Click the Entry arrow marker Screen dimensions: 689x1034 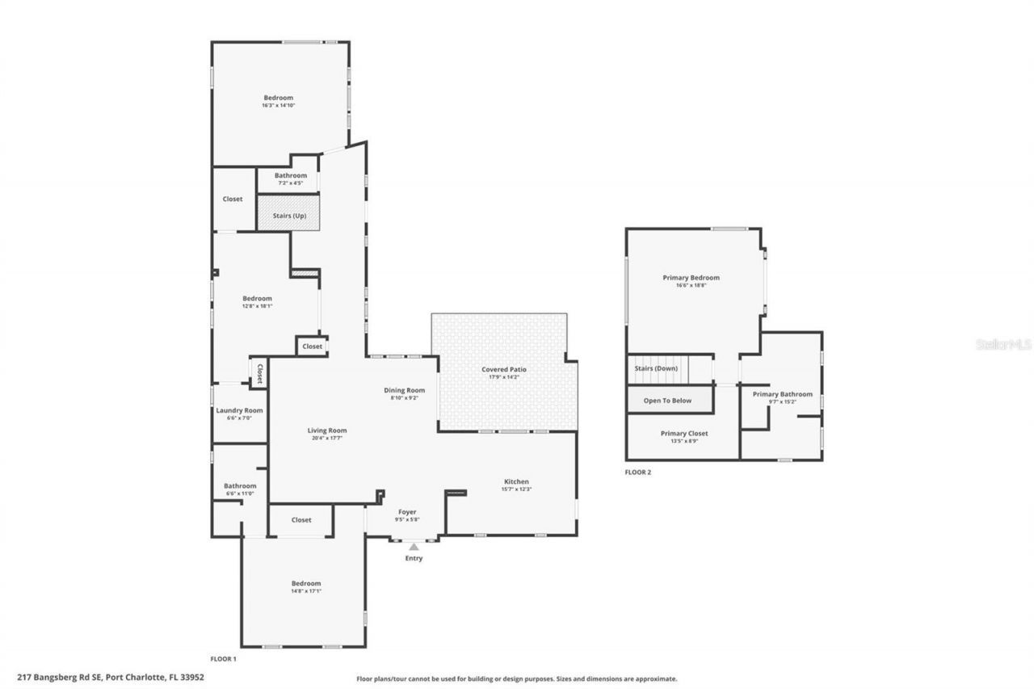tap(414, 547)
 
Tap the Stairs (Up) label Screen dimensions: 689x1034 tap(288, 215)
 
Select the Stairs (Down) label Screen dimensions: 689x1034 tap(655, 368)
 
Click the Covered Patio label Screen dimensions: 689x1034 tap(504, 369)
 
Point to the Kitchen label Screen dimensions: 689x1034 tap(516, 481)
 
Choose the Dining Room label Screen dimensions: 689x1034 tap(404, 390)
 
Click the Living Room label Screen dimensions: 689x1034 tap(327, 431)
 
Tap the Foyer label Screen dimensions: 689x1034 tap(406, 512)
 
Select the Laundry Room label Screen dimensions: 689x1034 tap(239, 410)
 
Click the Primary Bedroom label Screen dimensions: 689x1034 tap(691, 278)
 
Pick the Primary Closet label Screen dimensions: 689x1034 tap(684, 434)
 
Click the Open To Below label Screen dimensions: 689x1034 tap(667, 401)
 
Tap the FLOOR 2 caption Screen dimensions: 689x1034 tap(637, 473)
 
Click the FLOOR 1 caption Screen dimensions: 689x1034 tap(223, 659)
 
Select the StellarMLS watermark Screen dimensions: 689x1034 tap(1003, 344)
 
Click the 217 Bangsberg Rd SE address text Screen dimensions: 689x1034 tap(110, 678)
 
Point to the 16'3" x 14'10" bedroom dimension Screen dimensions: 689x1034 tap(278, 106)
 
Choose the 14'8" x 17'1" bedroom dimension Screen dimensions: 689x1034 tap(306, 591)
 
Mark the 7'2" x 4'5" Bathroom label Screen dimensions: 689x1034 tap(290, 183)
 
